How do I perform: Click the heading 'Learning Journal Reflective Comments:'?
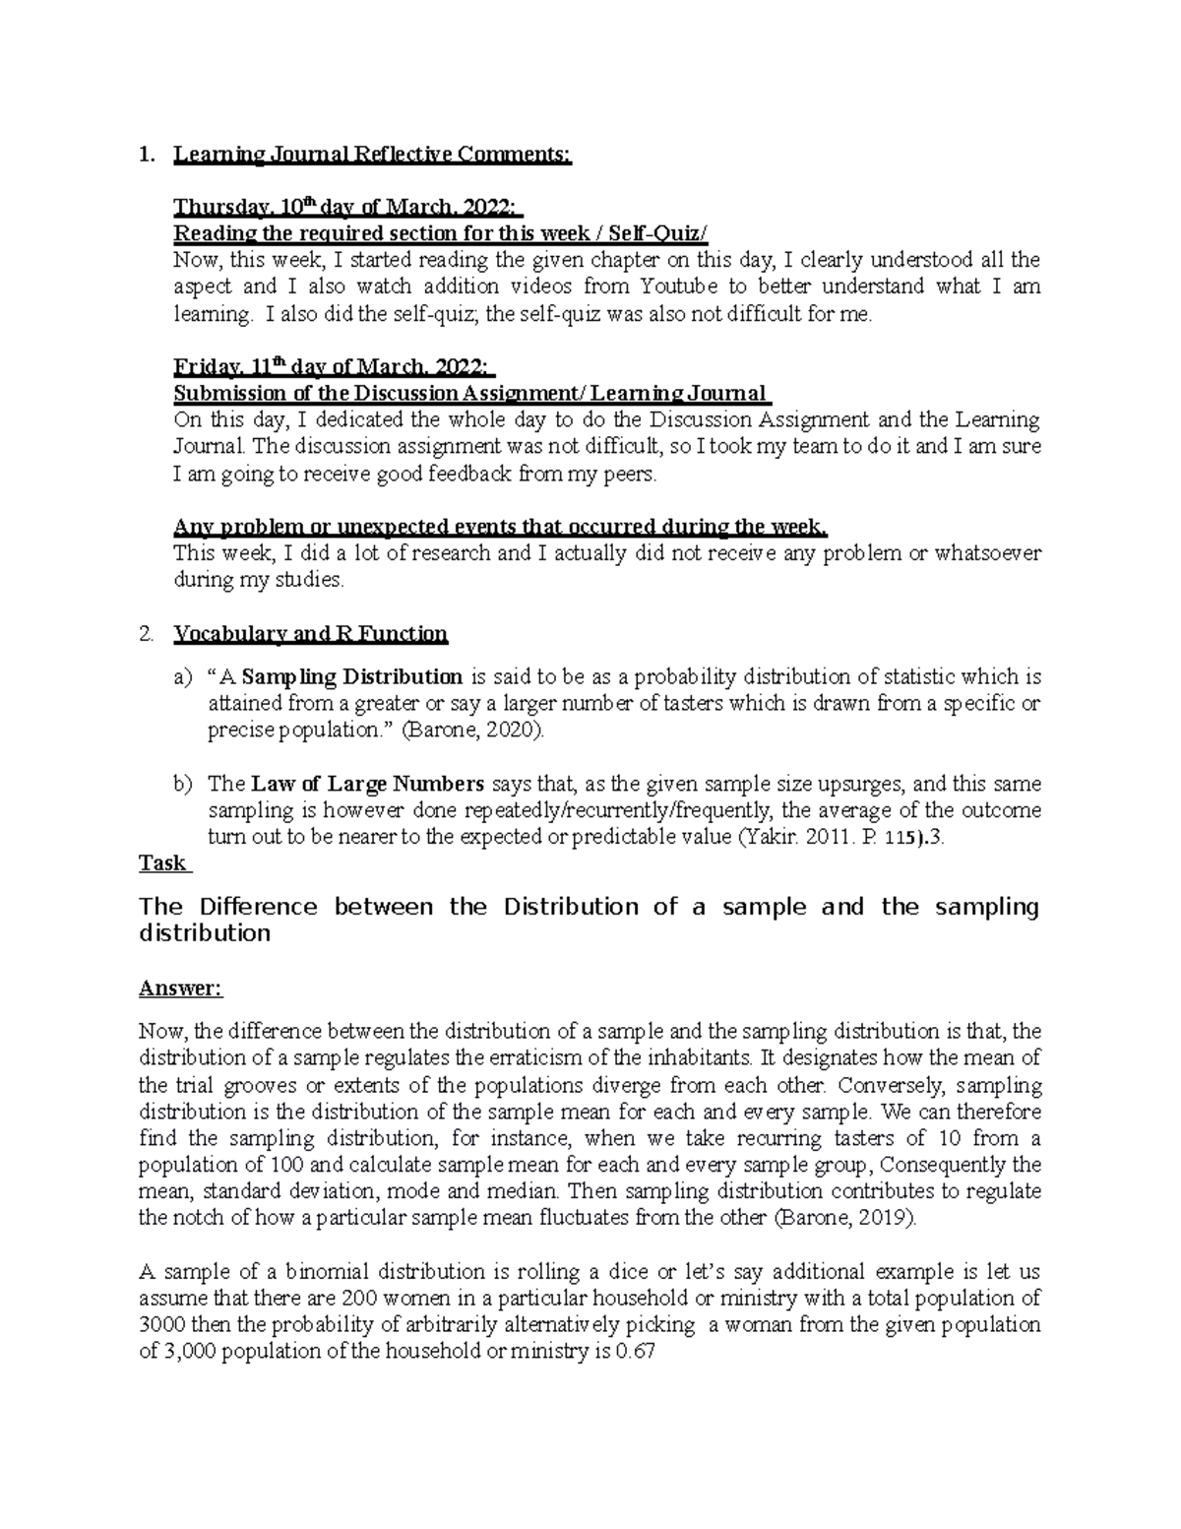(371, 155)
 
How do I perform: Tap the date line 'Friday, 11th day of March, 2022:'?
(334, 367)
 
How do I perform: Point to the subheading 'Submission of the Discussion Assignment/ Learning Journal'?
(471, 394)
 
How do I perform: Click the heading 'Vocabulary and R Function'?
(310, 633)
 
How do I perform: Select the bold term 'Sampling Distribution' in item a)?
(352, 677)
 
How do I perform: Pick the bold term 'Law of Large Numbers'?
(367, 785)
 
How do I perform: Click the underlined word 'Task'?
(163, 862)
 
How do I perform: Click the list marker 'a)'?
(183, 677)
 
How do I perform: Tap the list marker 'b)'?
(183, 785)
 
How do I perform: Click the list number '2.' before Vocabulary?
(147, 633)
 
